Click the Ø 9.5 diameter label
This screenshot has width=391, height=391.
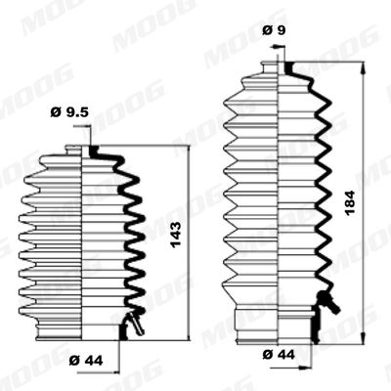pos(69,112)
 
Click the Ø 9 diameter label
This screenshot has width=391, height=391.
pos(274,30)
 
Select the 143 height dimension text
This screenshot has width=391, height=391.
pos(176,235)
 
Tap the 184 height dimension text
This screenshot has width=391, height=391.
pos(350,202)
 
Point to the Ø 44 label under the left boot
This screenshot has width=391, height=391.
pos(86,361)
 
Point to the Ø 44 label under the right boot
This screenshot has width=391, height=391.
pos(279,354)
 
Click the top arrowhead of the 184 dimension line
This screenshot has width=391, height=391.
pos(364,66)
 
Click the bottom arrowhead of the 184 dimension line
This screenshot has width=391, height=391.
pos(364,337)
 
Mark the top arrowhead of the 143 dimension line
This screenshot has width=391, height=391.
pos(189,152)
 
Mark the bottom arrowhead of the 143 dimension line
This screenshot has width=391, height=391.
pos(189,334)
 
